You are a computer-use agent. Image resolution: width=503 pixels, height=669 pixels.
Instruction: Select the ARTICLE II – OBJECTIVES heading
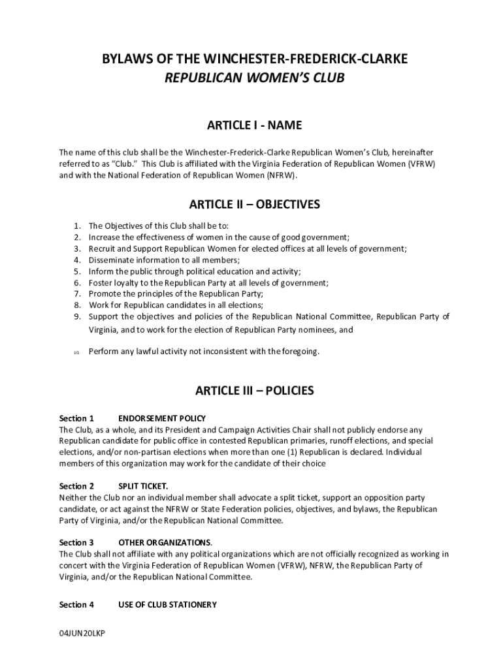tap(254, 204)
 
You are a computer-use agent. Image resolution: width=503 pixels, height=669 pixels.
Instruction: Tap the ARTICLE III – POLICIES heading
tap(254, 391)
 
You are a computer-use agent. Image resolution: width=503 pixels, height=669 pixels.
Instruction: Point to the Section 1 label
tap(76, 418)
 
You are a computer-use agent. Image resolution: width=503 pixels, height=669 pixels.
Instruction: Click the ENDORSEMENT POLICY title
tap(162, 418)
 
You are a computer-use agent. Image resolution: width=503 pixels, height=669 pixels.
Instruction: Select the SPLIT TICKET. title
tap(143, 486)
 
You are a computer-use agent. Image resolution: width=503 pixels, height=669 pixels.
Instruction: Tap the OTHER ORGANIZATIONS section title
tap(165, 542)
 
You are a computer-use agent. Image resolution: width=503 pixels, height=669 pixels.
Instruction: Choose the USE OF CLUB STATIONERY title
tap(167, 605)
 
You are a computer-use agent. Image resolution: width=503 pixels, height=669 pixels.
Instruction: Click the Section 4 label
tap(76, 605)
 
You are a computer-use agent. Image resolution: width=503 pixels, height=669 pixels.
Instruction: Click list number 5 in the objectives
tap(76, 271)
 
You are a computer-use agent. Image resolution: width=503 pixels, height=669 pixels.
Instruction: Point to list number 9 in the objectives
tap(76, 317)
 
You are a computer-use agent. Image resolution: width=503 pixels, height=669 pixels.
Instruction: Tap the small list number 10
tap(76, 352)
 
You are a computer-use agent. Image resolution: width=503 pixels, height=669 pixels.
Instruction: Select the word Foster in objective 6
tap(100, 283)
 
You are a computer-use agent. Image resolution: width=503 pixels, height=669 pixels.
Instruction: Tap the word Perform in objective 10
tap(105, 351)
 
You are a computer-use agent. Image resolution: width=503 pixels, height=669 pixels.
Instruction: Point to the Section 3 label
tap(76, 542)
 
